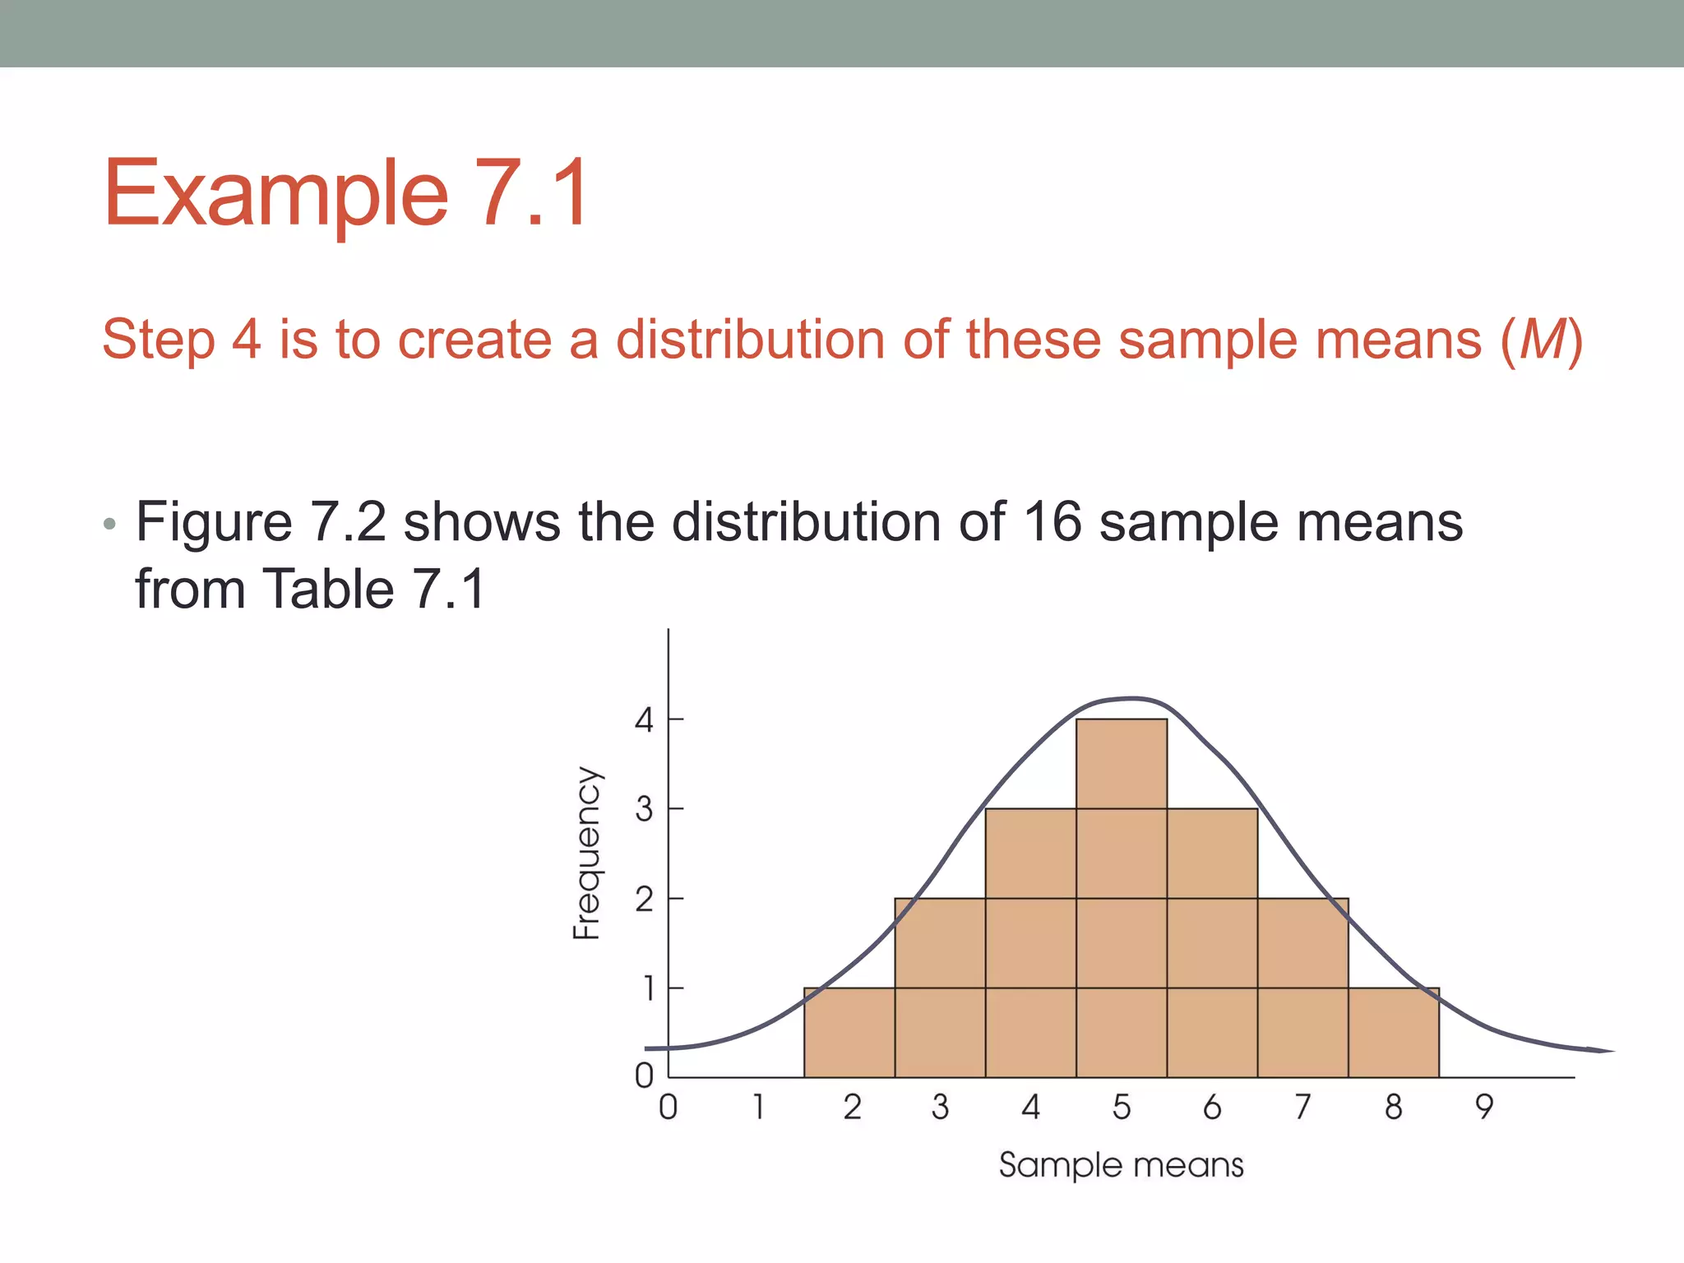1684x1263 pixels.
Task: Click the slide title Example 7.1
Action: coord(346,194)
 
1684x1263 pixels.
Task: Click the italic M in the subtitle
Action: coord(1541,340)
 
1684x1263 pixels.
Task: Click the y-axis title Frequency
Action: coord(587,853)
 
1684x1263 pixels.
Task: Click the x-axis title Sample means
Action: coord(1121,1165)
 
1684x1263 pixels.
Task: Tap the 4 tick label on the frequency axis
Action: coord(644,720)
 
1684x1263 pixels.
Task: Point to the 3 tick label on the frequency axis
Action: coord(644,809)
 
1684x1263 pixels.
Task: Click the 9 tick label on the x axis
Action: coord(1483,1107)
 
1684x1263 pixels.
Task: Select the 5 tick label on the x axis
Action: coord(1122,1107)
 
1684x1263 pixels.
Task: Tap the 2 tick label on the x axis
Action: coord(852,1107)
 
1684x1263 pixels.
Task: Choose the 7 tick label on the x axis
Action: coord(1302,1107)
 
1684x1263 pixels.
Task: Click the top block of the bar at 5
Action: coord(1122,764)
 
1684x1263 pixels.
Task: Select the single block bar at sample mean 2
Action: coord(849,1033)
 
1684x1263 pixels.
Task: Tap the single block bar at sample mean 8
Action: coord(1394,1033)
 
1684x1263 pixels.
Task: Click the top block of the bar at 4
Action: coord(1031,854)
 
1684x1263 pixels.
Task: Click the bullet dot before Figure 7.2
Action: coord(110,525)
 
